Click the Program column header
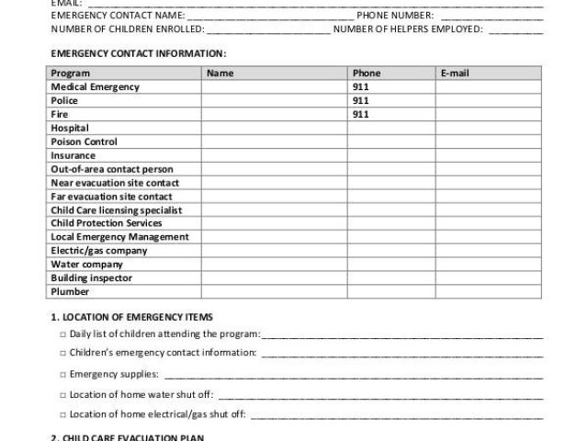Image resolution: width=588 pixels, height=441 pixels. (x=70, y=73)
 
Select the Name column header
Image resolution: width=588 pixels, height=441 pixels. (x=220, y=73)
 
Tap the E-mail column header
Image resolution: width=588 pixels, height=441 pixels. (x=456, y=73)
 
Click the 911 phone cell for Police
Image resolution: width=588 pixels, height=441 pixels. (x=360, y=100)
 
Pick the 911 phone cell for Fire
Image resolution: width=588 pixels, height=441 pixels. (x=360, y=114)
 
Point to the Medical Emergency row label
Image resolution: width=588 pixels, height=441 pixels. (x=95, y=86)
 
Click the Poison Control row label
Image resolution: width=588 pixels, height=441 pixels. (x=84, y=141)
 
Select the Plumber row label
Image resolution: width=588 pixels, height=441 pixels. (x=70, y=292)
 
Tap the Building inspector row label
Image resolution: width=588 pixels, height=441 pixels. (x=91, y=277)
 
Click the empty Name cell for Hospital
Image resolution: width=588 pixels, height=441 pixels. (x=273, y=128)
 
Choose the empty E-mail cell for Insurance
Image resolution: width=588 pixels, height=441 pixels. (x=489, y=155)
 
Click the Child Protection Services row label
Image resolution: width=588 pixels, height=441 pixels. (x=106, y=223)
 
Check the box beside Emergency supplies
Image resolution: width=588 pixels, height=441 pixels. (x=62, y=375)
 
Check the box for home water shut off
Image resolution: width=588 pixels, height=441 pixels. (x=62, y=395)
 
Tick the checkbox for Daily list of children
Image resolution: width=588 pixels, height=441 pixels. (x=62, y=334)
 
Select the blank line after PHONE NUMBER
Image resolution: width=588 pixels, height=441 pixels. (x=492, y=17)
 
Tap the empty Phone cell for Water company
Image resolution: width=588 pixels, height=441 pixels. (x=390, y=265)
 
